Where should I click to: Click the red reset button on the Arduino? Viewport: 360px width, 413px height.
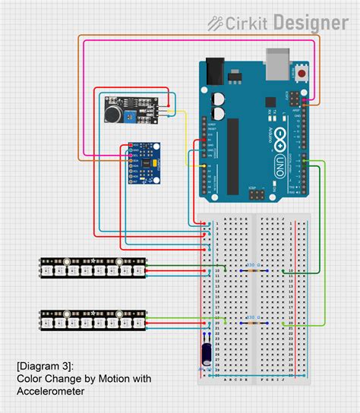click(x=302, y=74)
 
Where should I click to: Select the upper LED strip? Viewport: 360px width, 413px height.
click(x=93, y=267)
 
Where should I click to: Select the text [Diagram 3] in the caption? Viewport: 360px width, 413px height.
click(x=45, y=367)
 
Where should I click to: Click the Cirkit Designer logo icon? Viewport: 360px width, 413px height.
click(x=215, y=23)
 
